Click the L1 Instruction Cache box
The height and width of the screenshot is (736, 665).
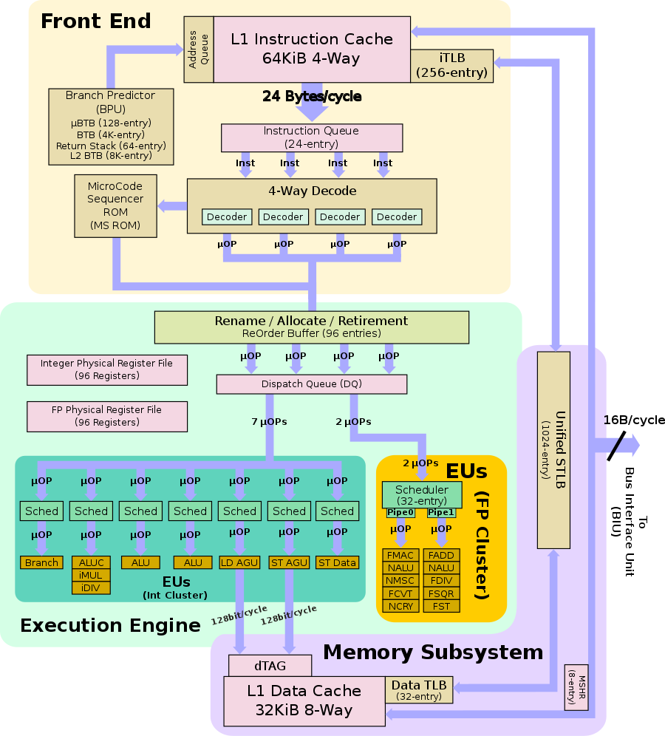coord(312,49)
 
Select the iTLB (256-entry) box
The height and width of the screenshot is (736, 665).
coord(451,66)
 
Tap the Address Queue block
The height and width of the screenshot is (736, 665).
coord(198,49)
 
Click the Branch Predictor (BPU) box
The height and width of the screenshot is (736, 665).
coord(111,126)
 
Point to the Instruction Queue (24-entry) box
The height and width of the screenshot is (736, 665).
coord(311,137)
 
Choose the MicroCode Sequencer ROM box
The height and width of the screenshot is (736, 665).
coord(116,205)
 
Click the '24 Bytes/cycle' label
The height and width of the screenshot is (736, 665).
coord(311,96)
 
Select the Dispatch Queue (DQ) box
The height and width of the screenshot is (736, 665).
coord(311,384)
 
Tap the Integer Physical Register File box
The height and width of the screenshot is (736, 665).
coord(106,369)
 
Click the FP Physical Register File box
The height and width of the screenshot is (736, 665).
coord(106,416)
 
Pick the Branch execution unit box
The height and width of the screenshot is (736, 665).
coord(41,562)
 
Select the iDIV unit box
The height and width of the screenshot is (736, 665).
coord(91,587)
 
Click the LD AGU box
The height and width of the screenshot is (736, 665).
coord(239,562)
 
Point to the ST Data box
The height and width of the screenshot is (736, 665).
coord(337,562)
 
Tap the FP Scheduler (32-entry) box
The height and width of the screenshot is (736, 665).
coord(421,494)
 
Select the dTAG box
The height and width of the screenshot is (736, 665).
coord(270,666)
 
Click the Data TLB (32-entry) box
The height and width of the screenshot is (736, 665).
coord(419,690)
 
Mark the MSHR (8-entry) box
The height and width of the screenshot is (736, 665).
coord(576,686)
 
